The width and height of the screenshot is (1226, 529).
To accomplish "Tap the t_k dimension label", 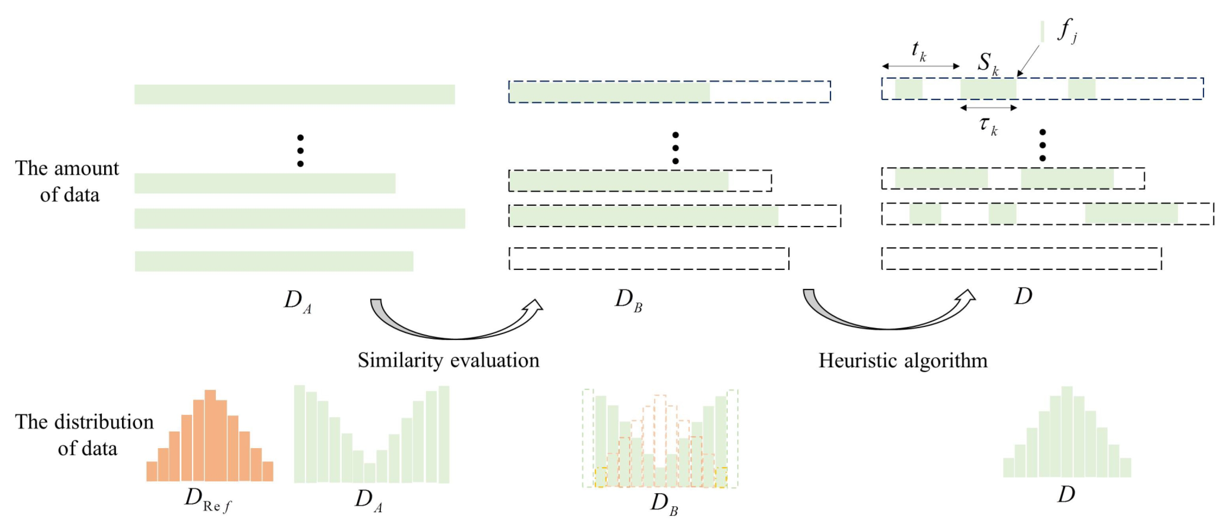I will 918,50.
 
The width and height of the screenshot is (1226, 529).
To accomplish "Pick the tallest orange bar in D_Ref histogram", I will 210,435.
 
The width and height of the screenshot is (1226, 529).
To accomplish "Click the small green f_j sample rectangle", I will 1042,31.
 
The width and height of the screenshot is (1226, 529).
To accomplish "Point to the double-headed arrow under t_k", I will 920,66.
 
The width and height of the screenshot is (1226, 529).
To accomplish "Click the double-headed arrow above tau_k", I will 988,108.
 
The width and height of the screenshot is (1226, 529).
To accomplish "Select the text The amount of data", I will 68,181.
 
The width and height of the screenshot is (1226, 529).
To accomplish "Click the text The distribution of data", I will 84,435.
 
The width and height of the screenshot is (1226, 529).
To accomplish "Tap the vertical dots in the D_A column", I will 300,151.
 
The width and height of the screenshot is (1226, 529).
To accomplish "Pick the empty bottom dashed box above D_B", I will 649,258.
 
